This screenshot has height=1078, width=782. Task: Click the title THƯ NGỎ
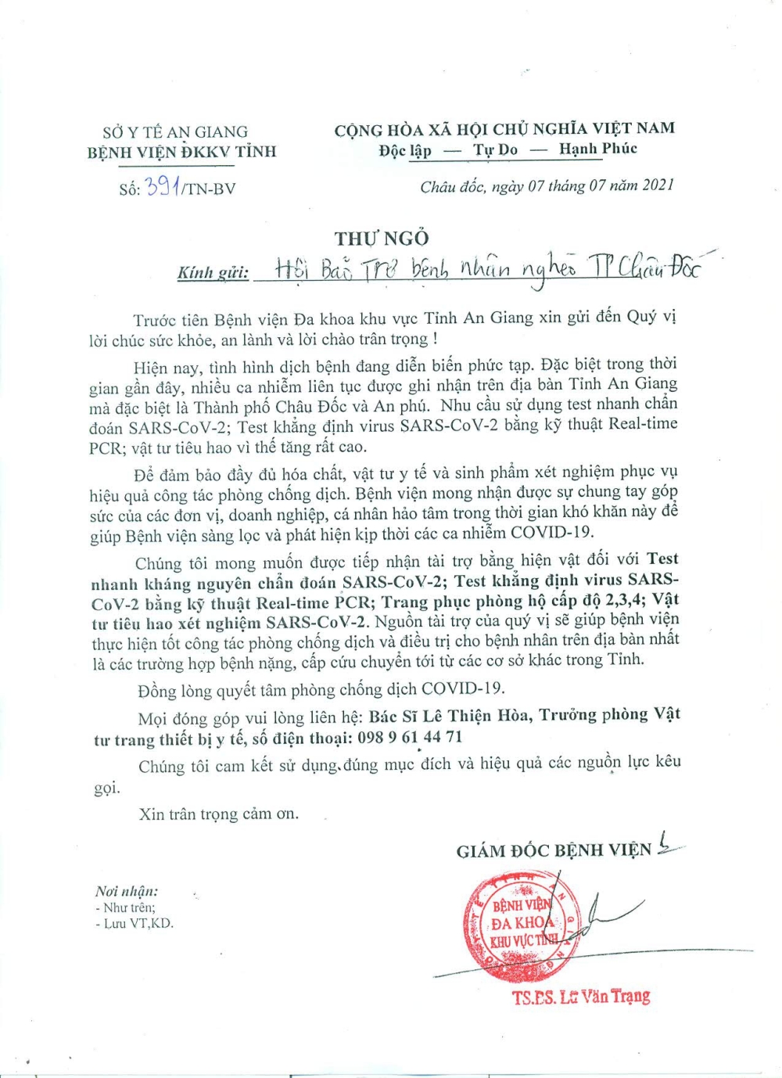pyautogui.click(x=382, y=238)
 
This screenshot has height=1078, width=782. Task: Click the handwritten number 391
pyautogui.click(x=163, y=186)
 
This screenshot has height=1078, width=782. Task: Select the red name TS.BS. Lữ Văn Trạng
pyautogui.click(x=581, y=997)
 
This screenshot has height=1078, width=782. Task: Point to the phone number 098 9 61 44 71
pyautogui.click(x=410, y=738)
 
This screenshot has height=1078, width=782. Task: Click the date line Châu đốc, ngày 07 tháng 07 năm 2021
pyautogui.click(x=547, y=186)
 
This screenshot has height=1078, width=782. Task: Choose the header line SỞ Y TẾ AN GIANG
pyautogui.click(x=175, y=132)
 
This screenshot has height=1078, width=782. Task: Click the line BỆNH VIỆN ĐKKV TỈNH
pyautogui.click(x=181, y=152)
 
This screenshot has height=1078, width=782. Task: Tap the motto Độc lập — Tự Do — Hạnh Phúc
pyautogui.click(x=508, y=149)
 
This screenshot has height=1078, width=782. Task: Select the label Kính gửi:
pyautogui.click(x=213, y=272)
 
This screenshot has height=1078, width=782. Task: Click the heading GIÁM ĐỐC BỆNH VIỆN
pyautogui.click(x=554, y=850)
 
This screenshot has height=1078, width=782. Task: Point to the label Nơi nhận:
pyautogui.click(x=127, y=891)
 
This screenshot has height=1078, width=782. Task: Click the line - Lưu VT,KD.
pyautogui.click(x=135, y=924)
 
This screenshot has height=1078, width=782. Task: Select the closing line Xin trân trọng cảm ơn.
pyautogui.click(x=218, y=814)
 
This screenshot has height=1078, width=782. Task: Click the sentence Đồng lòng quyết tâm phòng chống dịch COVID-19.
pyautogui.click(x=321, y=689)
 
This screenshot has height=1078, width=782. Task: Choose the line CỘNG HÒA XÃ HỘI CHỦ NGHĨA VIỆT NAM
pyautogui.click(x=504, y=129)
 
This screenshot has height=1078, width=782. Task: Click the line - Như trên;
pyautogui.click(x=125, y=907)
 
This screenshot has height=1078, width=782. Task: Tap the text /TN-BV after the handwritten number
pyautogui.click(x=209, y=189)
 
